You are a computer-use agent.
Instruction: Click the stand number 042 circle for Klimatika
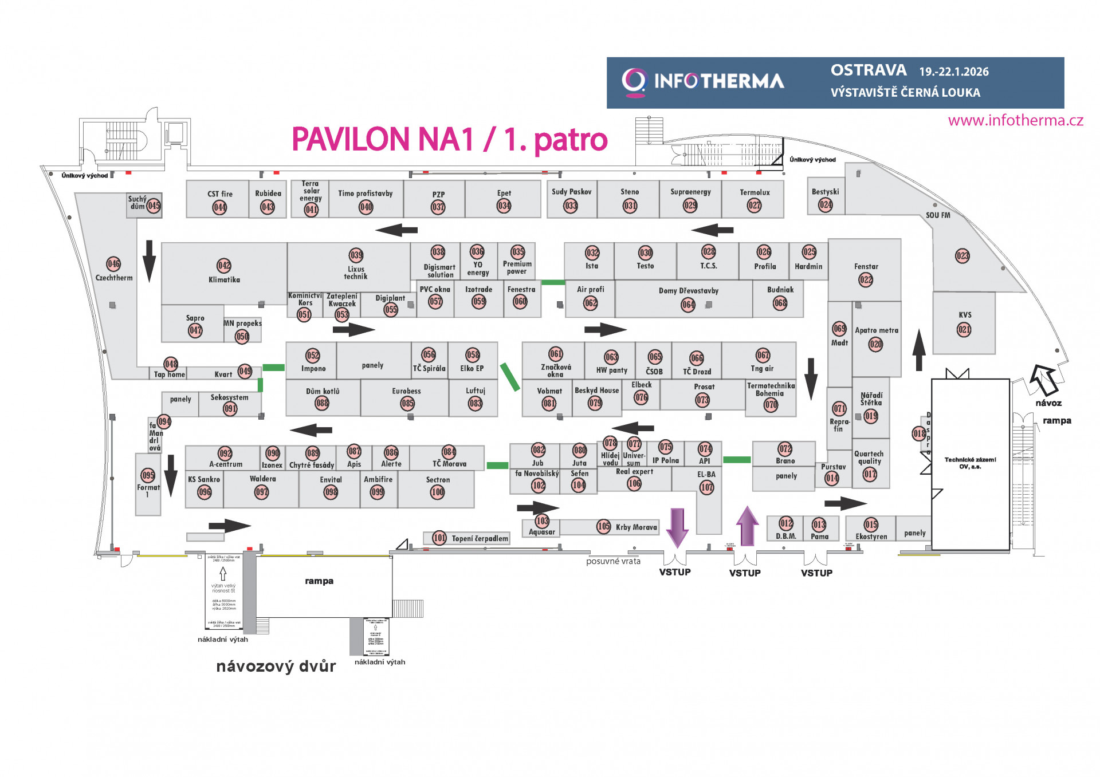click(224, 266)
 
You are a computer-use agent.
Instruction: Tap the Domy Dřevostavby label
click(688, 291)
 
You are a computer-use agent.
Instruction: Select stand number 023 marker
click(962, 256)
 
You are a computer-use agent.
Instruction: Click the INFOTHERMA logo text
click(718, 81)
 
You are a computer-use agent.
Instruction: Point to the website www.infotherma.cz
click(1015, 120)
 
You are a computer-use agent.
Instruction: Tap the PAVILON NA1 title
click(449, 139)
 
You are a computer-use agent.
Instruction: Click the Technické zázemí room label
click(970, 463)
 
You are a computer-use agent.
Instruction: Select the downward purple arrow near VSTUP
click(677, 527)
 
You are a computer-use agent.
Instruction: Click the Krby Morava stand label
click(636, 527)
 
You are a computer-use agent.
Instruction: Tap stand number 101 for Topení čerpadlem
click(439, 538)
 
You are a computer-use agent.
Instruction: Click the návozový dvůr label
click(276, 666)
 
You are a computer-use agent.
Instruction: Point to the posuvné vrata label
click(613, 562)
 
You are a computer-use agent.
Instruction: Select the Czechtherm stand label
click(114, 278)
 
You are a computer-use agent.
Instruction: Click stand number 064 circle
click(688, 305)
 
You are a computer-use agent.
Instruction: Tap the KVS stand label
click(965, 315)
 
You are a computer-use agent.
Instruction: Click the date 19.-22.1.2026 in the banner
click(954, 72)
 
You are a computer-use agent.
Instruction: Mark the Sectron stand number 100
click(438, 492)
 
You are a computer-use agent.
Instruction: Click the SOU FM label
click(938, 215)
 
